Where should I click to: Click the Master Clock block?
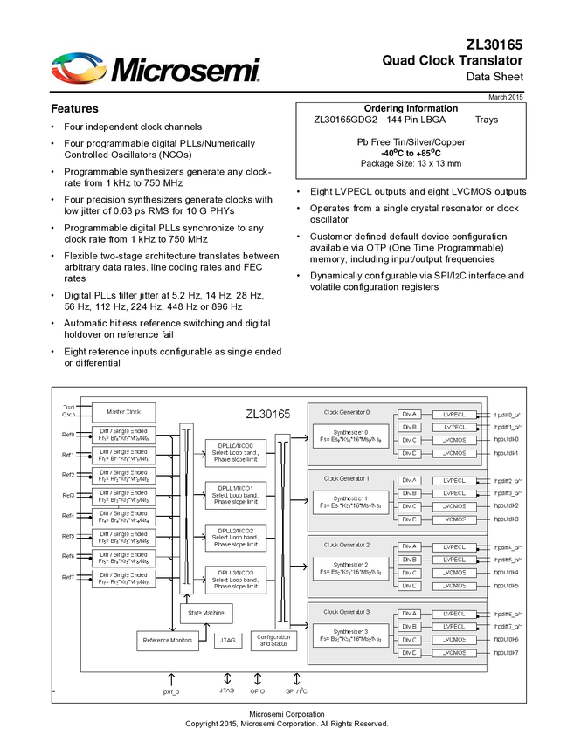coord(123,412)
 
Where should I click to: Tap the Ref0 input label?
coord(68,435)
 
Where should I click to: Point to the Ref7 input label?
coord(68,577)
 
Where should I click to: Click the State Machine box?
coord(207,614)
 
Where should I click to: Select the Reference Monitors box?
coord(169,641)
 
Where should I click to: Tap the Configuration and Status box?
coord(273,641)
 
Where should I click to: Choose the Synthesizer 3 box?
coord(348,636)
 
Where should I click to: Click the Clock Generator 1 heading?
coord(348,478)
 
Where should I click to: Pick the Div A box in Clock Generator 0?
coord(410,415)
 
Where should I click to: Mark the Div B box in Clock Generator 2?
coord(410,560)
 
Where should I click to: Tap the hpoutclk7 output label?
coord(507,653)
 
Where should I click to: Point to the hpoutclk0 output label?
coord(507,440)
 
